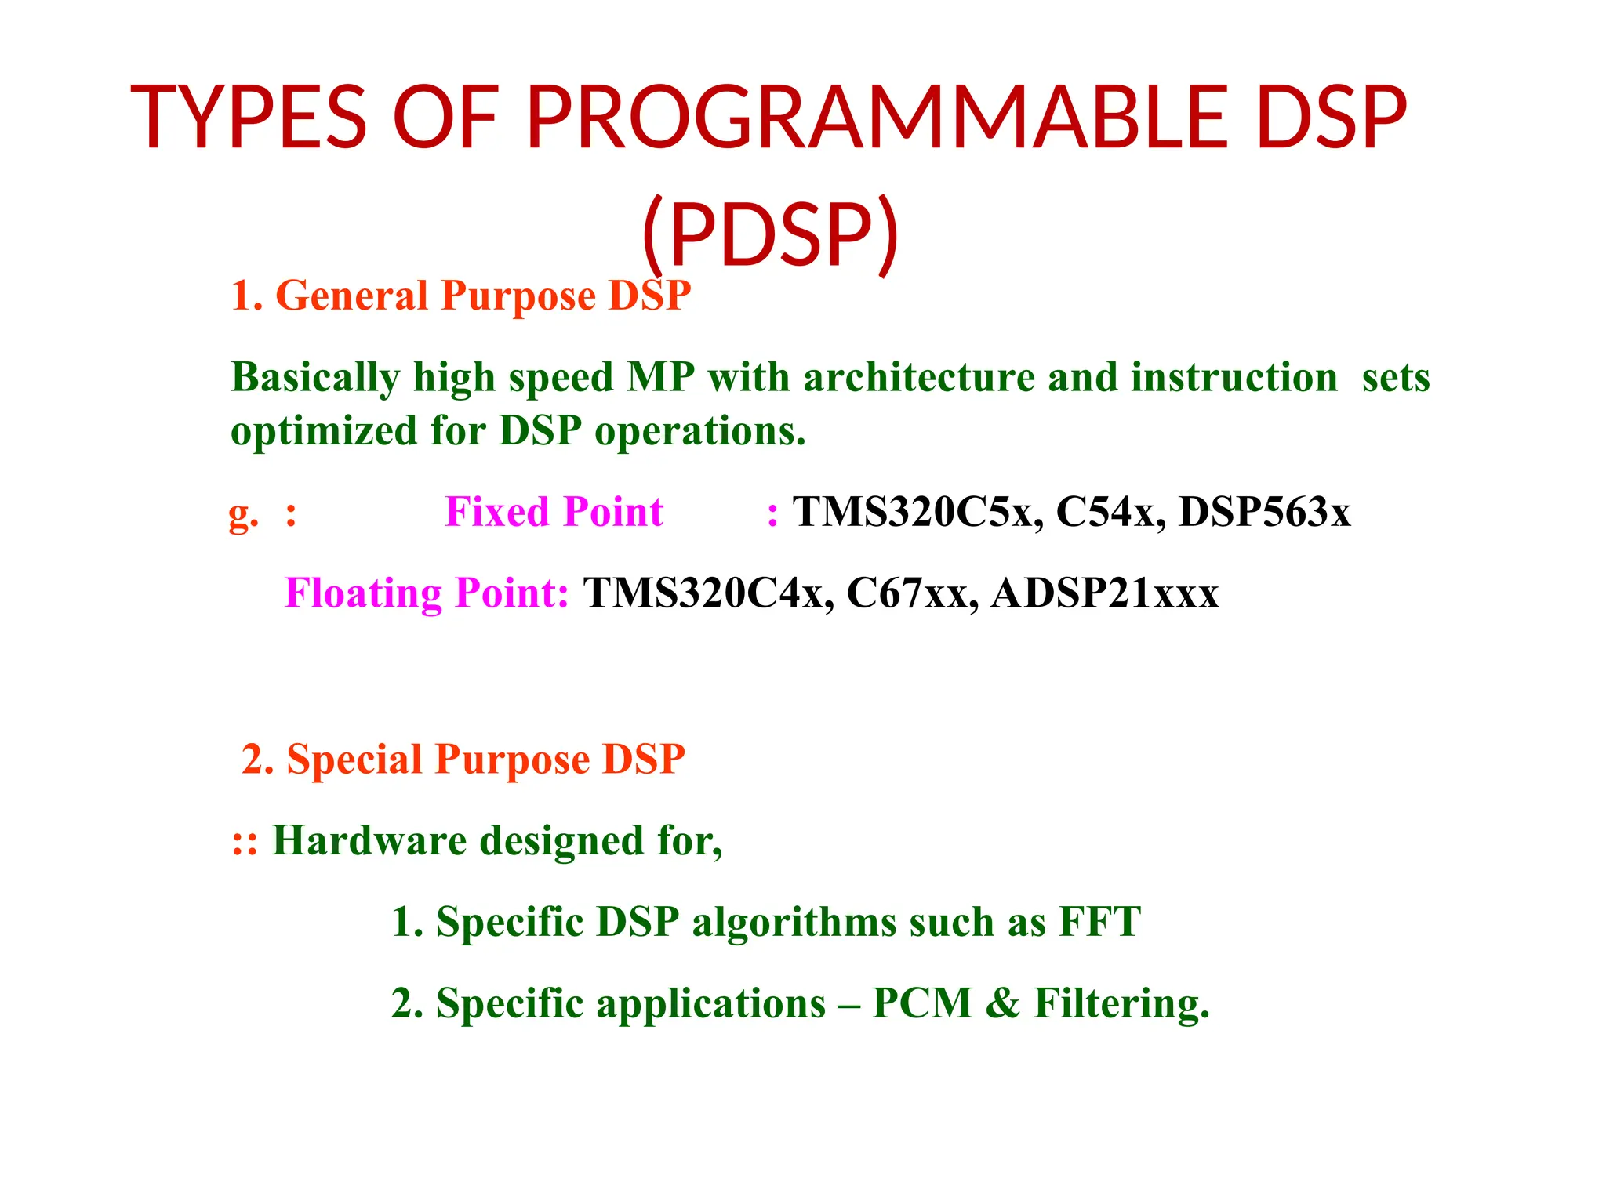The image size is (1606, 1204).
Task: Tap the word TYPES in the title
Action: click(248, 118)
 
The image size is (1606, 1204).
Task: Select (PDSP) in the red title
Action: click(769, 234)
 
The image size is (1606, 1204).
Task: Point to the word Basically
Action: click(315, 378)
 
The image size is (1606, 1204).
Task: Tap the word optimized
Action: click(322, 432)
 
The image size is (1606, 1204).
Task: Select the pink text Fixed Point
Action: click(554, 512)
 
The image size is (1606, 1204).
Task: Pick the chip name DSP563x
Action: click(1264, 512)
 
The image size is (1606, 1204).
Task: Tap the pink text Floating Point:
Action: click(427, 593)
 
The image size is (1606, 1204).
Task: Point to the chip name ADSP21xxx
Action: click(1104, 593)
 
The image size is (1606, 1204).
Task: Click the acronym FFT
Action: click(1099, 922)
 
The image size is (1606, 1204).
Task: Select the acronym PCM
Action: click(922, 1003)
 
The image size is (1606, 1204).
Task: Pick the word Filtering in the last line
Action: click(1121, 1003)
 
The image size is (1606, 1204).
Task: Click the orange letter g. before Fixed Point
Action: click(242, 514)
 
